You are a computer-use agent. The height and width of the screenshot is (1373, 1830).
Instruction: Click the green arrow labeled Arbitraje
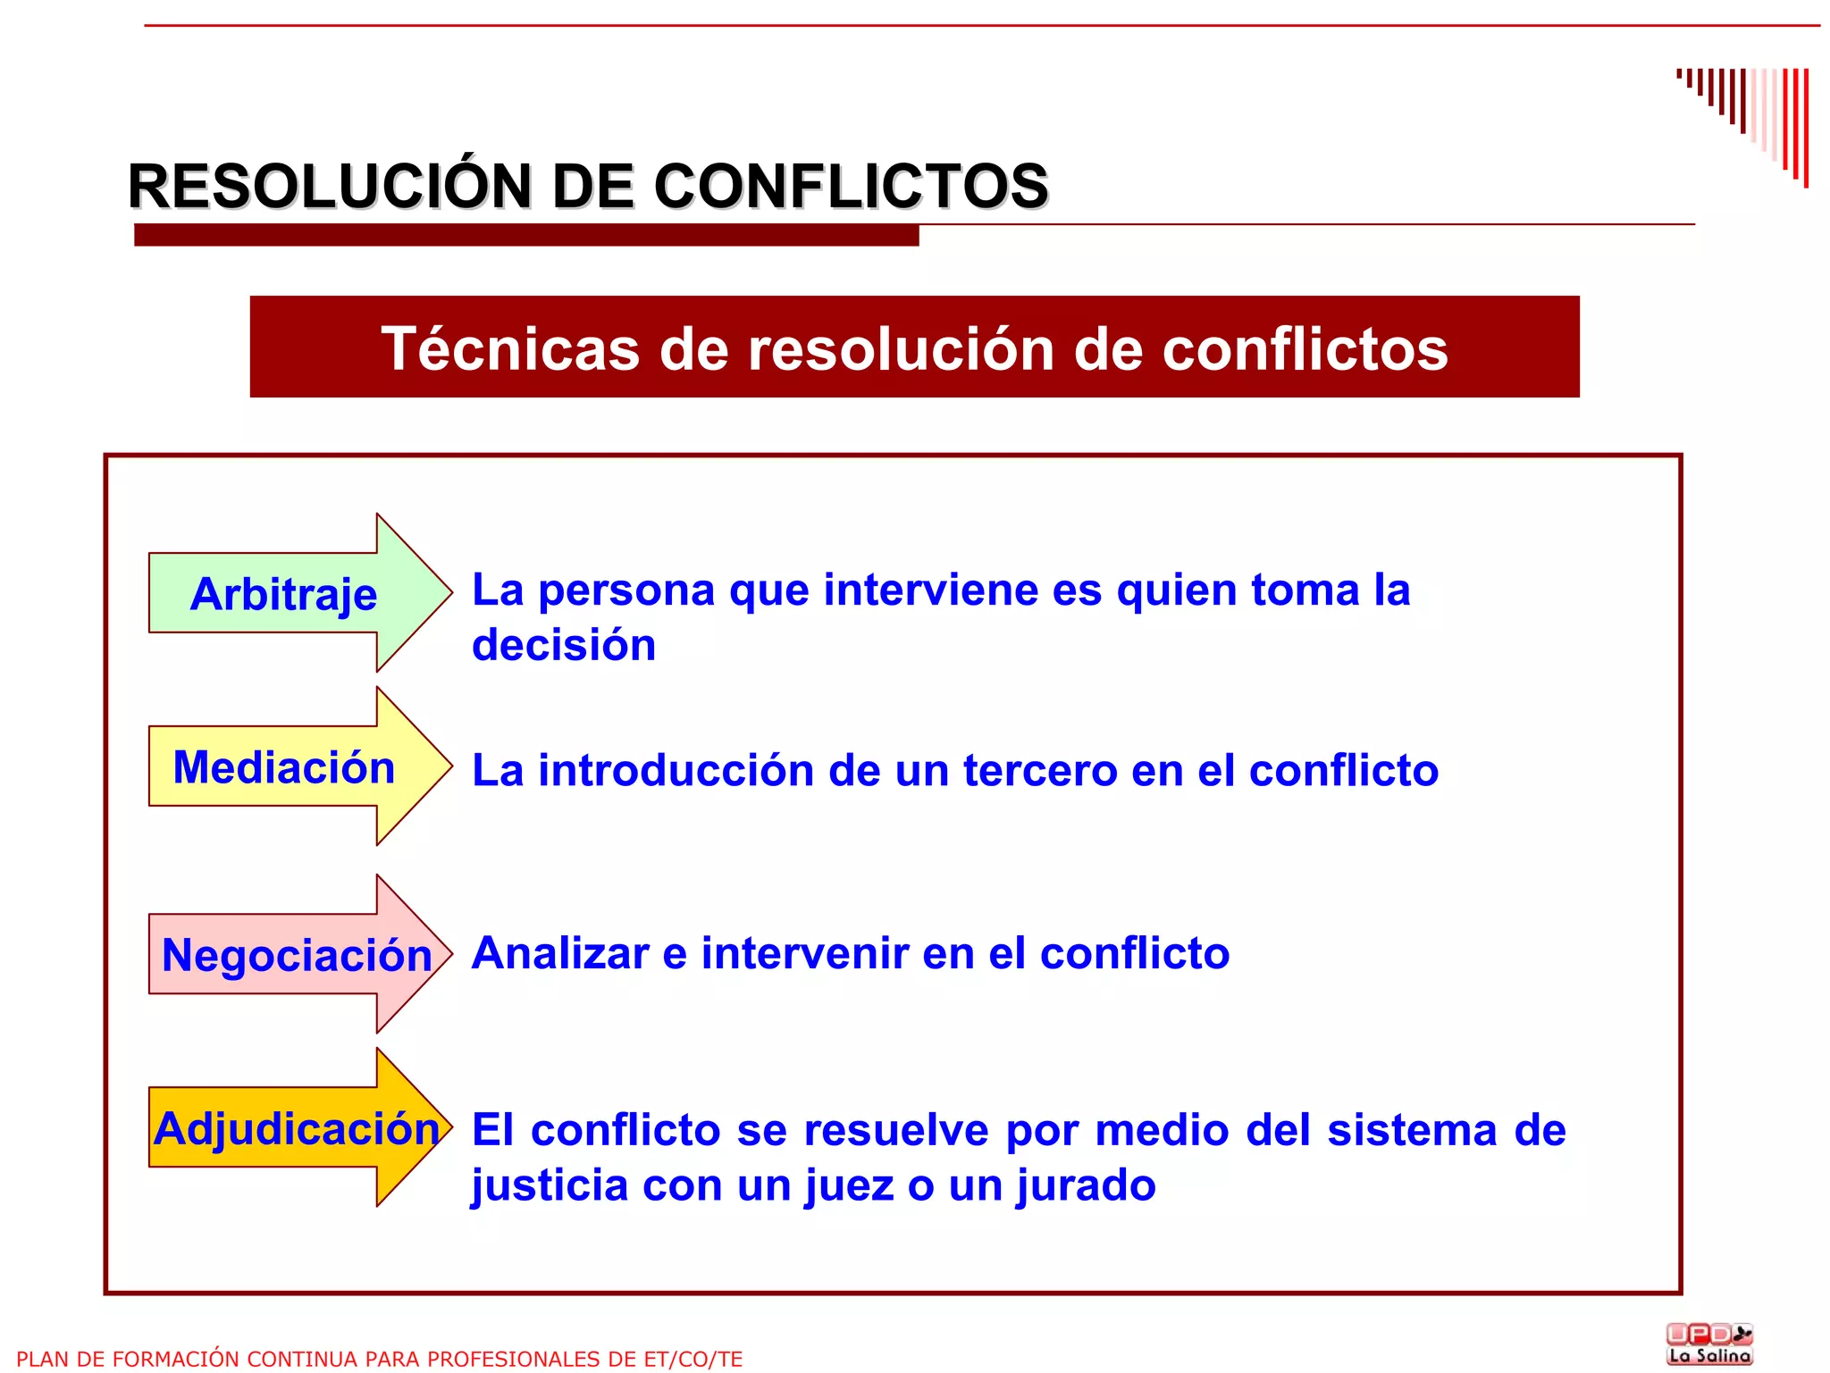(x=284, y=594)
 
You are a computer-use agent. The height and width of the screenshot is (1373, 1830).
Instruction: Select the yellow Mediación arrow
(x=284, y=767)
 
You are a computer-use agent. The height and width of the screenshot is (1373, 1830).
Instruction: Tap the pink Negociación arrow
(x=295, y=955)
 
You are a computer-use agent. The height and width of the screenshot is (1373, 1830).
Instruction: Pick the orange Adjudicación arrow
(x=295, y=1128)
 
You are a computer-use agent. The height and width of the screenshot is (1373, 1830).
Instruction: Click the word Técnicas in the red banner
(x=510, y=348)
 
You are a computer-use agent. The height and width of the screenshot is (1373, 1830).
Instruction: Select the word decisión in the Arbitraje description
(x=564, y=645)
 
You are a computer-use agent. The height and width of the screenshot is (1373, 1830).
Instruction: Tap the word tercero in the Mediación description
(x=1040, y=770)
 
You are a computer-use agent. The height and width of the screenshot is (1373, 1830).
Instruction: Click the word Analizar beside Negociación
(x=560, y=953)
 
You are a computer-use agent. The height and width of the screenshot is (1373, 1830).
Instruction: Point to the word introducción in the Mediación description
(x=676, y=770)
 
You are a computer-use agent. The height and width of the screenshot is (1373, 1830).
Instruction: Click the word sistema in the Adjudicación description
(x=1412, y=1130)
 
